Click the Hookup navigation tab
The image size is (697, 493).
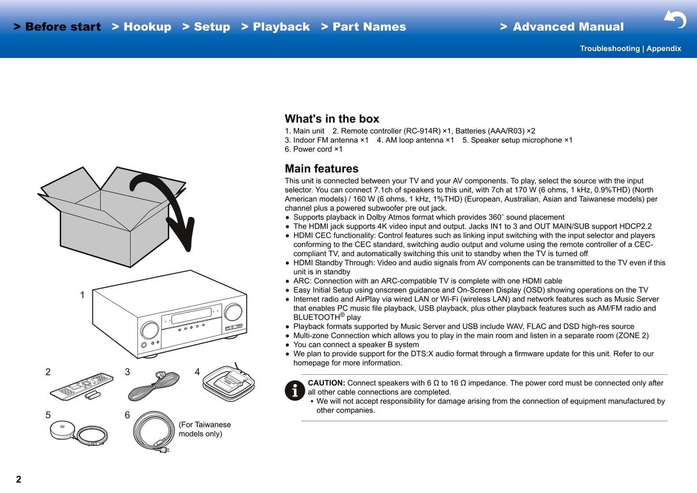(142, 27)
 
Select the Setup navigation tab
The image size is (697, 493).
(206, 27)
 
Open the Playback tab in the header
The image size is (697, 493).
(276, 27)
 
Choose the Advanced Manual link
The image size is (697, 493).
(562, 27)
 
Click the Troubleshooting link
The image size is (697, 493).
(609, 49)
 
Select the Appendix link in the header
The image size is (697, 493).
(664, 49)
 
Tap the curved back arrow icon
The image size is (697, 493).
(675, 19)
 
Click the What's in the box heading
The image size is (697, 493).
(332, 119)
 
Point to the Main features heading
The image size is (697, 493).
(321, 169)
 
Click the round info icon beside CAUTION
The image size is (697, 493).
(295, 390)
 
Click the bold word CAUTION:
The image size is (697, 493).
(326, 383)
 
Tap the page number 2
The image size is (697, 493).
(18, 479)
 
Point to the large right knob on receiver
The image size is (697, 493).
(233, 312)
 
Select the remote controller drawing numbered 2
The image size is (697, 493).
(82, 386)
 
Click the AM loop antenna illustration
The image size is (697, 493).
(229, 383)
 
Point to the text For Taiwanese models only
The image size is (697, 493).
(205, 429)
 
